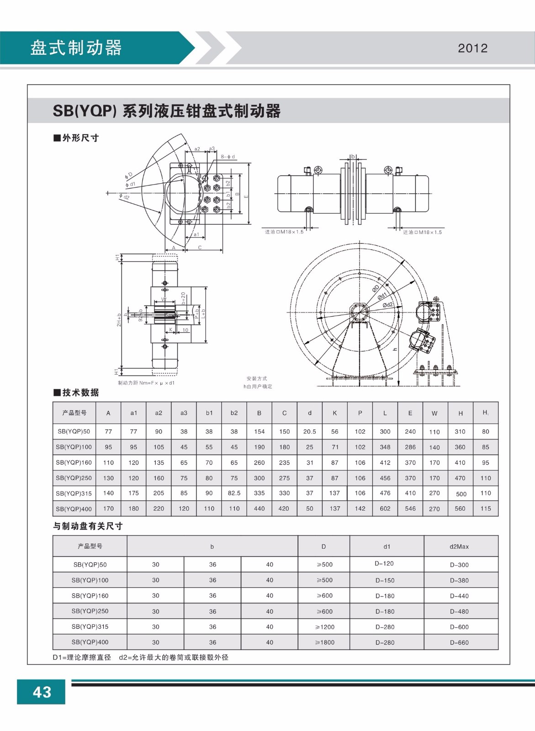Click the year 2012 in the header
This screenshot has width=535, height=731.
coord(472,48)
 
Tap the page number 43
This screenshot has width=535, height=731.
coord(42,692)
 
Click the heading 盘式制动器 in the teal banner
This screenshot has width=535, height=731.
coord(76,48)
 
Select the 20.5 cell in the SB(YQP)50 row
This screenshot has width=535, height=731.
coord(309,431)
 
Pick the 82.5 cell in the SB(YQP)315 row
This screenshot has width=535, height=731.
coord(234,493)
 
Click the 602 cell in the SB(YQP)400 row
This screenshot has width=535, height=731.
coord(385,509)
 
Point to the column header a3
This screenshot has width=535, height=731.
coord(184,413)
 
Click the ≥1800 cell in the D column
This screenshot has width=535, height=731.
coord(324,642)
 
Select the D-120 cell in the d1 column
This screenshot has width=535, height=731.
coord(384,564)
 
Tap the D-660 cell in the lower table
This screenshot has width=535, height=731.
coord(459,642)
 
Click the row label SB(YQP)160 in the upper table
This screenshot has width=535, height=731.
coord(74,462)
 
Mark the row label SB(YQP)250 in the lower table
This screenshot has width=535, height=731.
coord(90,611)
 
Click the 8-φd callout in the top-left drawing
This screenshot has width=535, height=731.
coord(228,157)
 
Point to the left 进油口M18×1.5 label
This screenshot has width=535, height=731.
coord(284,232)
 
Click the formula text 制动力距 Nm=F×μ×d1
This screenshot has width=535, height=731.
coord(146,383)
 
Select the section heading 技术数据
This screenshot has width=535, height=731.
coord(80,392)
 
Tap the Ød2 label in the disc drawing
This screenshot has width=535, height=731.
coord(388,305)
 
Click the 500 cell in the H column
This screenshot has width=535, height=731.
coord(461,494)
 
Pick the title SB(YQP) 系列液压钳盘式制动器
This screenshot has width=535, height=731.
coord(167,111)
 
